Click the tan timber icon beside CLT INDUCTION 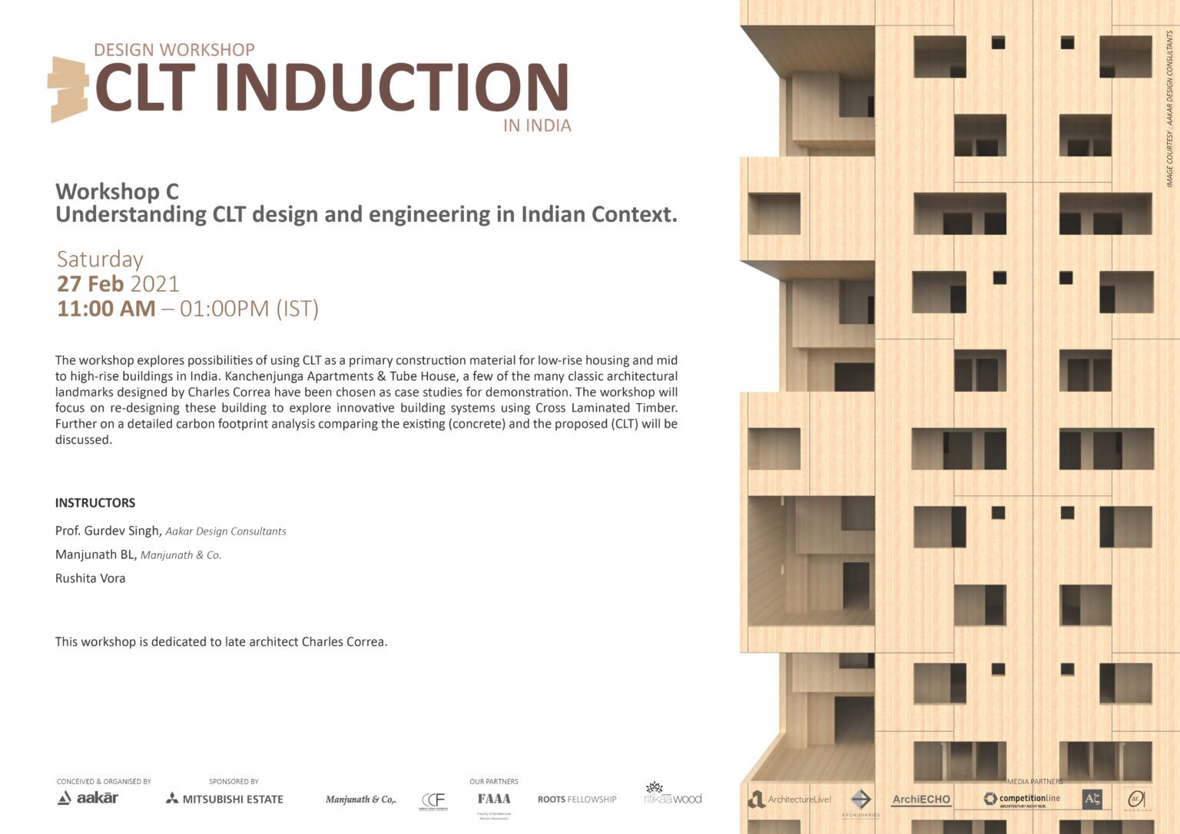[69, 88]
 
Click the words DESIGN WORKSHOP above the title [174, 50]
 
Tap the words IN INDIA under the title [537, 126]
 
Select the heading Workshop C [117, 191]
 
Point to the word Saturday [100, 260]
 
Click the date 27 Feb [90, 284]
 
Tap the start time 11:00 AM [106, 309]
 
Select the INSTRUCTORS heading [95, 503]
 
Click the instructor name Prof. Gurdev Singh [108, 531]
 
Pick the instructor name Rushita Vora [90, 578]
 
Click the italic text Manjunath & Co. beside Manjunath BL [181, 555]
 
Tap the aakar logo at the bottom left [88, 798]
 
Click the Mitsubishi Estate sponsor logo [224, 799]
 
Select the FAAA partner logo [494, 799]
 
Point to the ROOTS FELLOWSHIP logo [577, 799]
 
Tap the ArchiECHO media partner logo [921, 799]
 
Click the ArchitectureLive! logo [790, 799]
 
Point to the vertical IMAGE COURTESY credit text [1169, 108]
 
